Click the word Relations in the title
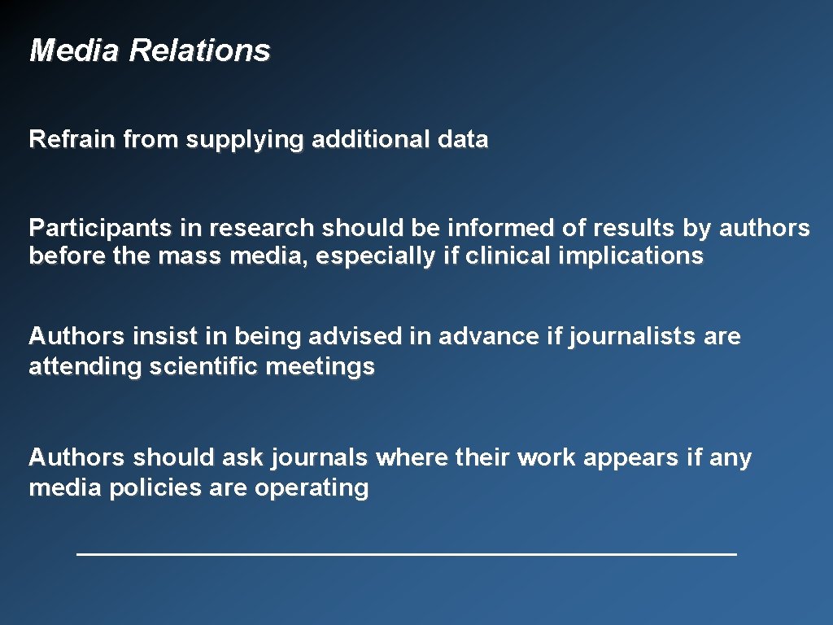pos(199,50)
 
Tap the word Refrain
pos(72,140)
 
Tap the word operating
pos(312,489)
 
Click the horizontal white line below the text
pos(407,554)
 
